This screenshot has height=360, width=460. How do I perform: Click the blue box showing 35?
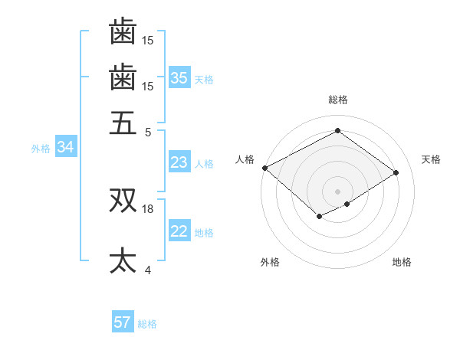pos(179,78)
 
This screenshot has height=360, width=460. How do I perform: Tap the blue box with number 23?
pos(179,162)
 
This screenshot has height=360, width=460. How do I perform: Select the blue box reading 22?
pos(179,231)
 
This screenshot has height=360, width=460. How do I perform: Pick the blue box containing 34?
pos(65,148)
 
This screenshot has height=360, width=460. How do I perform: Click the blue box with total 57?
pos(123,322)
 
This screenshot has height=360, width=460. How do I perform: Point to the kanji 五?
pos(123,122)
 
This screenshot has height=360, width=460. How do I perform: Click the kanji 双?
pos(123,200)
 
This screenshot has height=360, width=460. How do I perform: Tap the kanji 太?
pos(123,260)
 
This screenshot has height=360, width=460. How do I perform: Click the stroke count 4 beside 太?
pos(148,270)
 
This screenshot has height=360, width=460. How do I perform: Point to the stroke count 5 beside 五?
pos(148,131)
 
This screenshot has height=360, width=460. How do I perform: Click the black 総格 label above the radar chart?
pos(337,100)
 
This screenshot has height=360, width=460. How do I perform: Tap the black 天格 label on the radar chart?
pos(431,159)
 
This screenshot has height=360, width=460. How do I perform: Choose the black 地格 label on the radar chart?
pos(402,263)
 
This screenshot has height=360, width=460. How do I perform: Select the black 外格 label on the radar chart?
pos(270,263)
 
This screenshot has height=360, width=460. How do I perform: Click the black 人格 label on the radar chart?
pos(245,159)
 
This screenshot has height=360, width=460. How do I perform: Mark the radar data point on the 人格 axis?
pos(264,167)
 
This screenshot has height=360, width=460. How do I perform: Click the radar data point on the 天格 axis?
pos(396,172)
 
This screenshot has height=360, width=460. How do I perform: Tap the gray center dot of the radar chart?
pos(337,191)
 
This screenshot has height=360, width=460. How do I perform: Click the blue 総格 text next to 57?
pos(147,324)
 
